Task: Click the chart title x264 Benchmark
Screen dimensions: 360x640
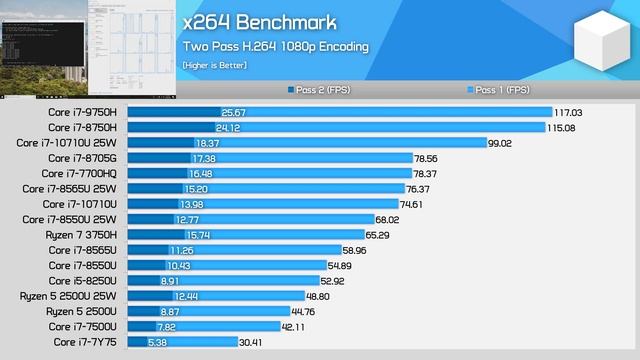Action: pos(259,22)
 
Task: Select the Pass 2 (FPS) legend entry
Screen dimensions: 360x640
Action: pos(323,90)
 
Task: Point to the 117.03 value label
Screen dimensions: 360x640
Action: pos(568,112)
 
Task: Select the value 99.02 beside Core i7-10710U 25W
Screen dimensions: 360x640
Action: pos(500,143)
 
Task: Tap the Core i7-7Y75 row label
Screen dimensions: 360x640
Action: pos(86,341)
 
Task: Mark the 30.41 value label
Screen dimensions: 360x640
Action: pos(252,341)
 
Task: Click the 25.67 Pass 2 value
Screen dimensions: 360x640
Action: pos(233,112)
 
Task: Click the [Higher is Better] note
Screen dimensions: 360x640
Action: pos(214,65)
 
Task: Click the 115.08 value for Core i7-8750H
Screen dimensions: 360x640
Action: pos(561,127)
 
